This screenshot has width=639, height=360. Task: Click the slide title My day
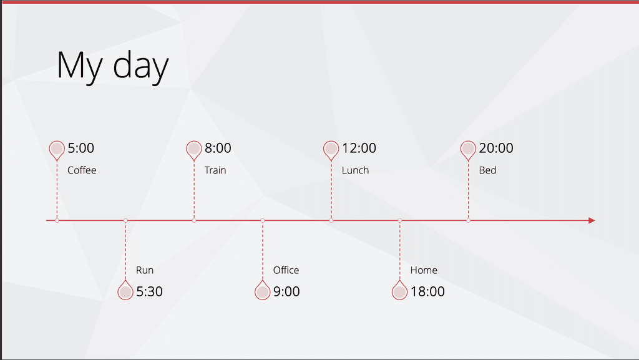click(112, 66)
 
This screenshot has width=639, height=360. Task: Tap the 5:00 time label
click(80, 148)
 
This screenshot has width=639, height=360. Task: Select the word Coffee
click(82, 170)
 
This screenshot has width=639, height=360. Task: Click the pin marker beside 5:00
click(57, 150)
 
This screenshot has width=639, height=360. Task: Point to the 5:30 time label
click(149, 291)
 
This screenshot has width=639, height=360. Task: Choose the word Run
click(145, 270)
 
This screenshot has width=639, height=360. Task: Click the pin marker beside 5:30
click(125, 290)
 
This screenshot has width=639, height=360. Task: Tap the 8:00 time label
click(218, 148)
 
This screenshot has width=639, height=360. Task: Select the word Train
click(215, 170)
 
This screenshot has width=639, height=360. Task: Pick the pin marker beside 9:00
click(263, 290)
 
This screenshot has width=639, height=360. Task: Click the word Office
click(286, 270)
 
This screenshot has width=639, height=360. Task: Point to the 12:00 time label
click(359, 148)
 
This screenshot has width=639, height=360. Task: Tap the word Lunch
click(355, 170)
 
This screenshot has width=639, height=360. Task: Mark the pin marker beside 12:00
click(331, 150)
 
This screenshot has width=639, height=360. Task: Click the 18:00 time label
click(427, 291)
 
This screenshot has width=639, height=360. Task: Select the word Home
click(424, 270)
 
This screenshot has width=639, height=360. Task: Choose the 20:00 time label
click(496, 148)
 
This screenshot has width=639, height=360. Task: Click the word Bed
click(487, 170)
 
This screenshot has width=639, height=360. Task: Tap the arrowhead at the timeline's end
click(592, 220)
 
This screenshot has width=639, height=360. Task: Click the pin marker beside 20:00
click(468, 150)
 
